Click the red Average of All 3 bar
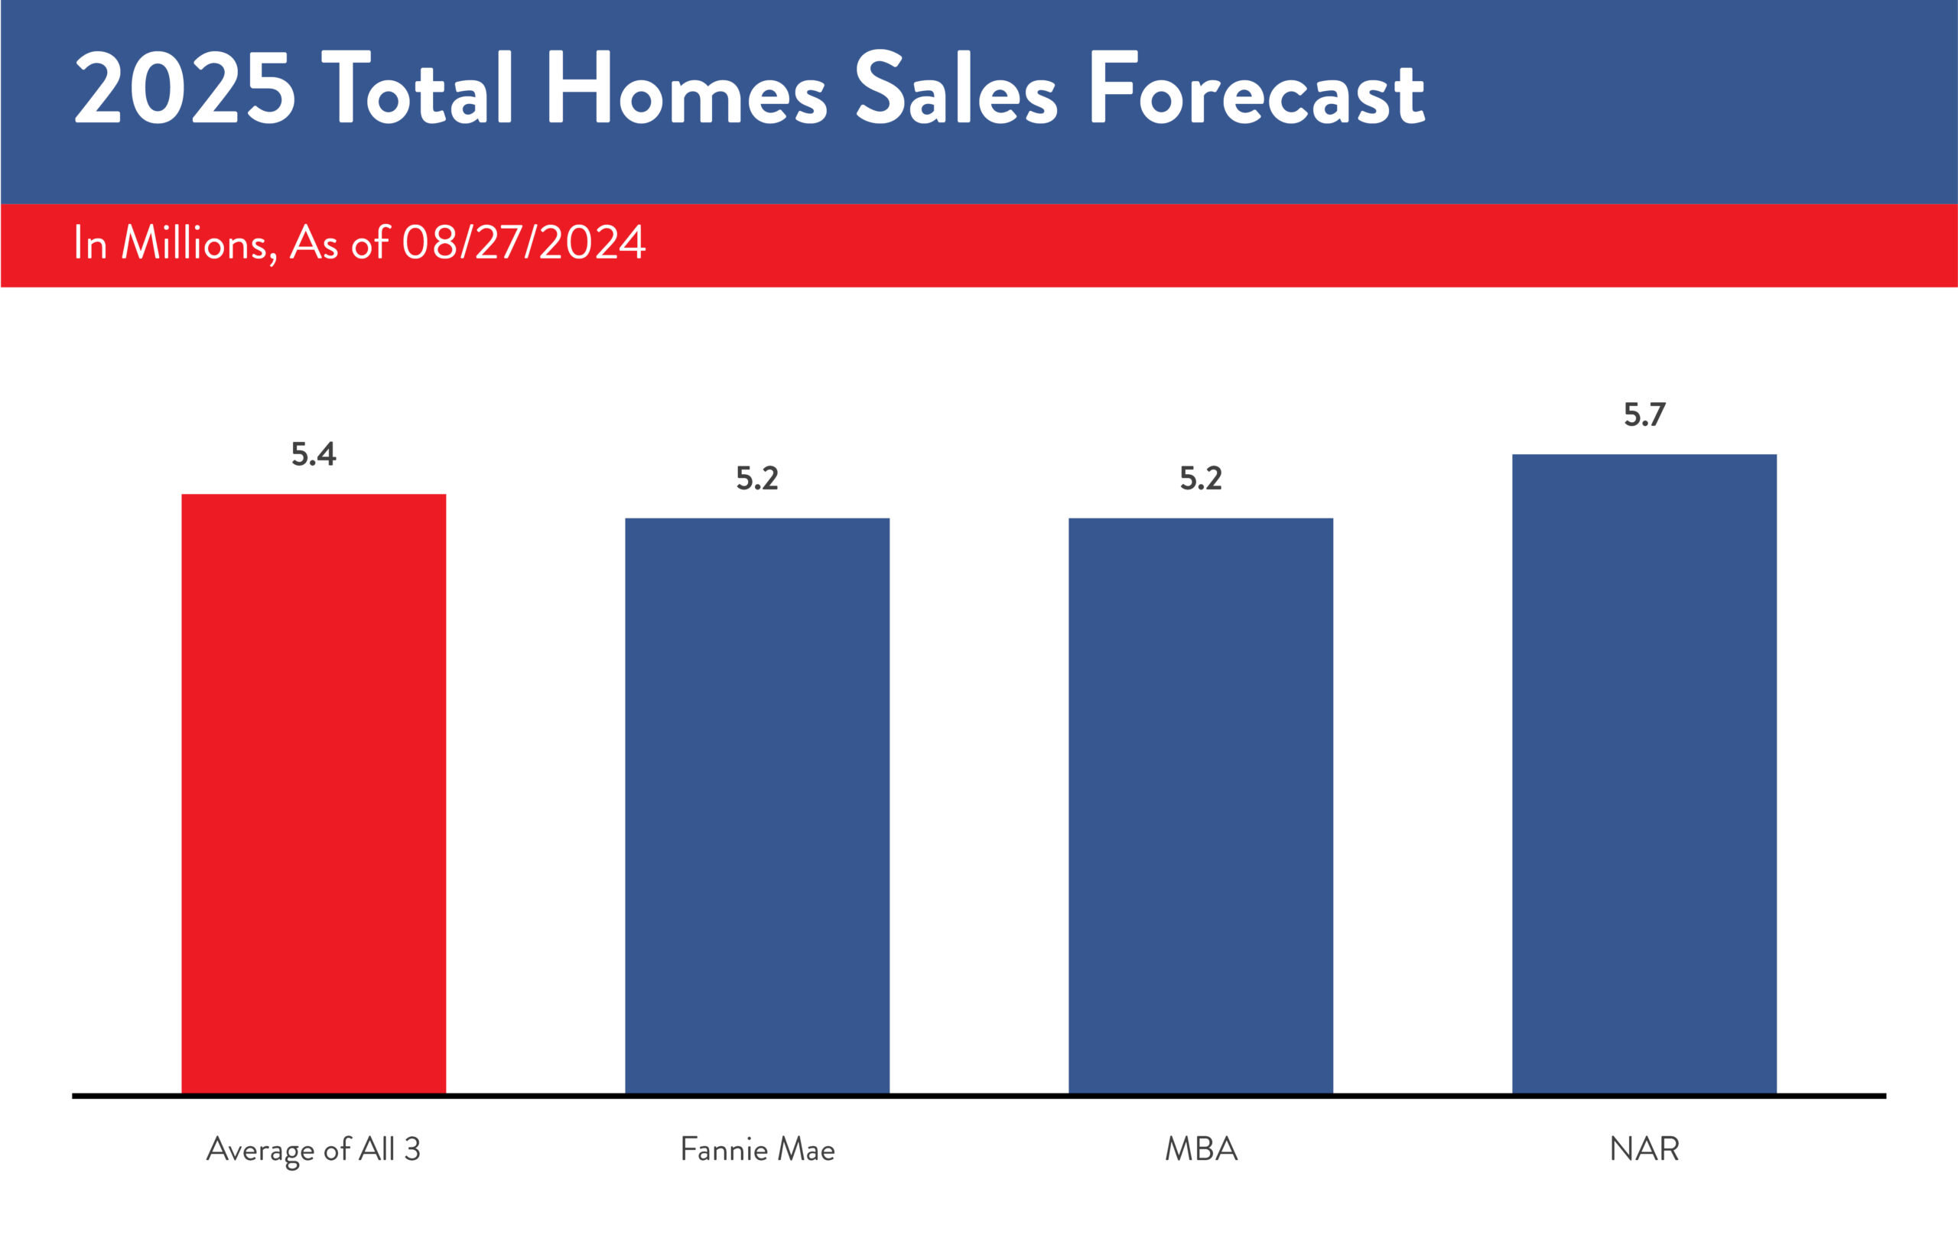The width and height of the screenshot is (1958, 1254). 314,794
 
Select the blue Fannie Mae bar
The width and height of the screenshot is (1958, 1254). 756,806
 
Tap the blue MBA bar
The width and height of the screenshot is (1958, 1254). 1201,806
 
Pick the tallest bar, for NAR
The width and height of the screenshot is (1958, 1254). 1644,774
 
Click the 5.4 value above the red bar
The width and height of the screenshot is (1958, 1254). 314,454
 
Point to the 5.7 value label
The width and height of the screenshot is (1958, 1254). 1644,415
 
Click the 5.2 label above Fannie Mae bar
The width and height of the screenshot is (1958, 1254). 756,479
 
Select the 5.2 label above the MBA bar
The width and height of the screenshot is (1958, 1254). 1201,479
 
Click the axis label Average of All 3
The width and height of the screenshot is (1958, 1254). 314,1150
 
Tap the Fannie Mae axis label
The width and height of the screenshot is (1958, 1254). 756,1150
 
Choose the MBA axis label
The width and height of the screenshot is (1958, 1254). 1201,1150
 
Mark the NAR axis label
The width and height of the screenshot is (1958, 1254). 1644,1150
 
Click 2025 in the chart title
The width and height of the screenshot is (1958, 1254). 185,88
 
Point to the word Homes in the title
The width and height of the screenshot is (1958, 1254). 686,88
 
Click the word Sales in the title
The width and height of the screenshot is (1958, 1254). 955,88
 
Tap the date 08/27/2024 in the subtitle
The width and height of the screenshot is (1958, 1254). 524,242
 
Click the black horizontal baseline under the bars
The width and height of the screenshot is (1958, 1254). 977,1096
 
